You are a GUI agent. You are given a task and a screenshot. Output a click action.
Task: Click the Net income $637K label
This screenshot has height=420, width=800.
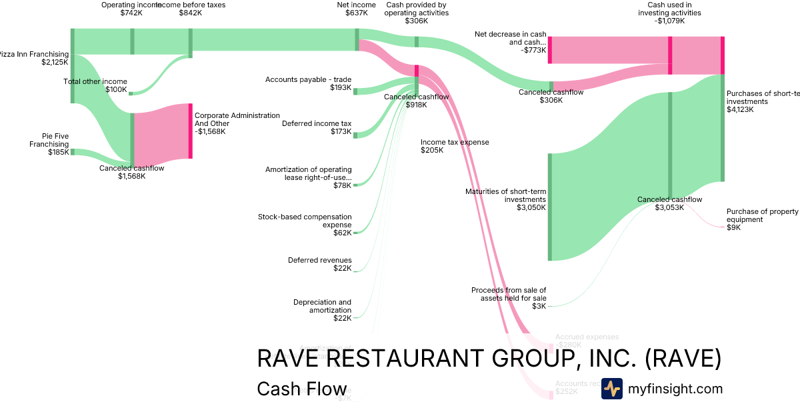coord(352,9)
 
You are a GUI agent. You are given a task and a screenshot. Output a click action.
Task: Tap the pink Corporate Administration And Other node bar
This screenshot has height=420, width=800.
coord(190,131)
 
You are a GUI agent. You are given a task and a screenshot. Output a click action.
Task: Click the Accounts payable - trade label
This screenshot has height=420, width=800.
coord(308,83)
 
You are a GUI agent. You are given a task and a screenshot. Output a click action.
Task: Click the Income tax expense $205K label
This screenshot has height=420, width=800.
coord(454,146)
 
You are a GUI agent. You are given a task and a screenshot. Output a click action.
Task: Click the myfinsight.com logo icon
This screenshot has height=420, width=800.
coord(611,389)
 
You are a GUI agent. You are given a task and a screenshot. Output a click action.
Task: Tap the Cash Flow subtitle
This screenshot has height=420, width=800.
coord(301,389)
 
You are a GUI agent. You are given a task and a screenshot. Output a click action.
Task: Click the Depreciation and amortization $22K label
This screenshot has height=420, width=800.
coord(322,310)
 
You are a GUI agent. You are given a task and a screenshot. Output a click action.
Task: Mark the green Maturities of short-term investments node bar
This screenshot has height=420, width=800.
coord(550,207)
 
